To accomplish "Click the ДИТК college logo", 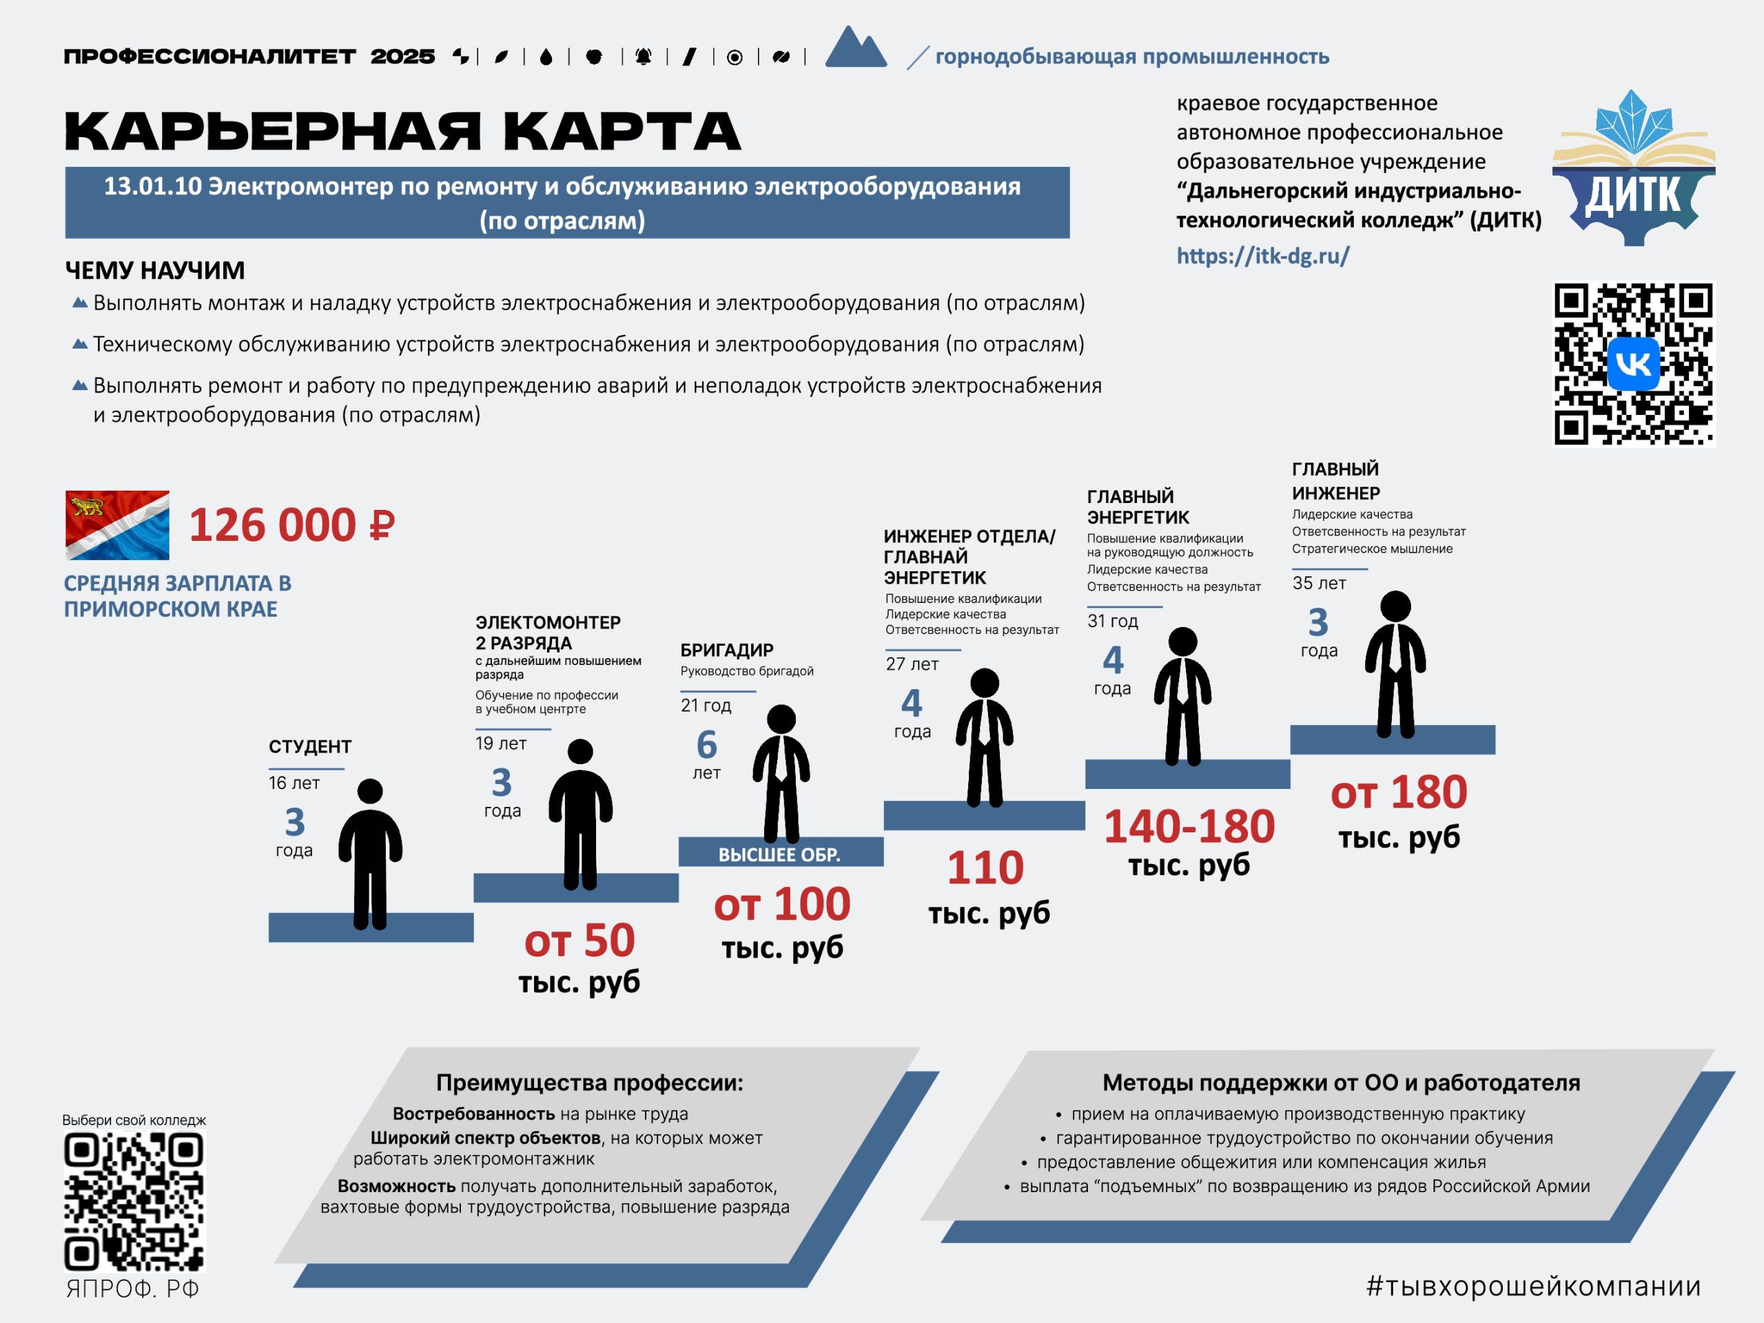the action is (x=1633, y=167).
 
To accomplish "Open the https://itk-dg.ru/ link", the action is (x=1263, y=256).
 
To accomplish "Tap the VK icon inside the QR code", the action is (x=1633, y=365).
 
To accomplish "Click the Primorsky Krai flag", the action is (x=117, y=525).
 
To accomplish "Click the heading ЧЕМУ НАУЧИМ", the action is (x=155, y=270).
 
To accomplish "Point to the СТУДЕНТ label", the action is (x=309, y=746).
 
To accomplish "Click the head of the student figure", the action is (x=370, y=791).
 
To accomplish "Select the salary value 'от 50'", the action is (x=580, y=940).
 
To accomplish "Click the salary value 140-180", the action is (x=1189, y=826).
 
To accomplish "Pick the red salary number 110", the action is (x=985, y=868).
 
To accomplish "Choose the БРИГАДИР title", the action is (x=726, y=650).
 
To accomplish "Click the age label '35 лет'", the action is (x=1319, y=583).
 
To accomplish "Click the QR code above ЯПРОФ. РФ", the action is (x=134, y=1202).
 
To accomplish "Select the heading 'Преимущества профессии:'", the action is (x=589, y=1083).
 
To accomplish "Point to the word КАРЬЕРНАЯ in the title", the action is (x=273, y=132).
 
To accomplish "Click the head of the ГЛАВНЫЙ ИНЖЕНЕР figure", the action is (x=1395, y=606).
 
